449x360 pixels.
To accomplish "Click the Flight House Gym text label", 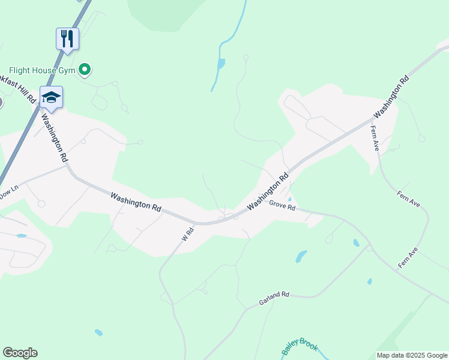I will (41, 70).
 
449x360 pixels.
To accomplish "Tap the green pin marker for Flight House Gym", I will (85, 70).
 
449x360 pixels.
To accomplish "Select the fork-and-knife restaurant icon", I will (67, 39).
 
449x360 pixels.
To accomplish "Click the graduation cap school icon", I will (52, 98).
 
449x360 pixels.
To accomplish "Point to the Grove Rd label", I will (282, 206).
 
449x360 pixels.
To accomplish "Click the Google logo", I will (20, 353).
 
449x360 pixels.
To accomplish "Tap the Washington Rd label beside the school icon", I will (54, 137).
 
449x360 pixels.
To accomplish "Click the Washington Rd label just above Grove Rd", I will (268, 191).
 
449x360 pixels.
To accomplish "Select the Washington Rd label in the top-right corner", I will (391, 96).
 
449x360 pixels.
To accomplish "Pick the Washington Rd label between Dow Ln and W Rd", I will (136, 200).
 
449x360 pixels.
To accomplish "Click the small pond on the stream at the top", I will (221, 62).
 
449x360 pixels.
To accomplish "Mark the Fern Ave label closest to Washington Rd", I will (375, 137).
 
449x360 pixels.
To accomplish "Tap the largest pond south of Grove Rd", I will (301, 256).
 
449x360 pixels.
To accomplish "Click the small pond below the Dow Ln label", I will (22, 236).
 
